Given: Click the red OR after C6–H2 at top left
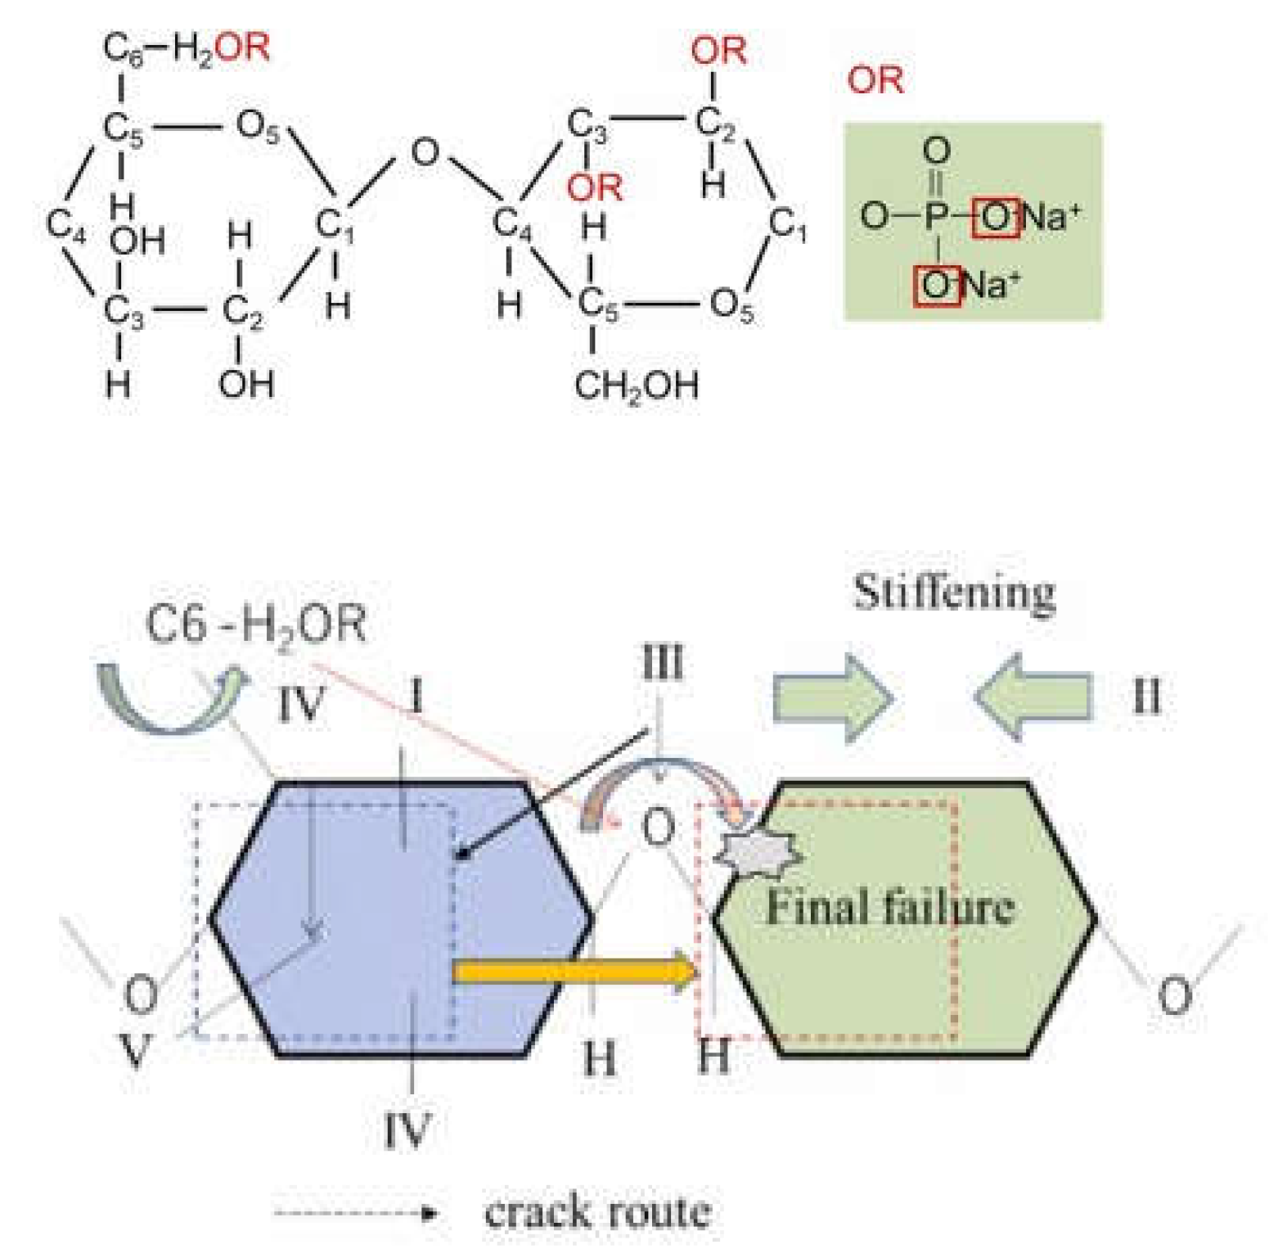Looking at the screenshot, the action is click(244, 47).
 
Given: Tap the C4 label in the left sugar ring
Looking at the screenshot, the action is click(65, 223).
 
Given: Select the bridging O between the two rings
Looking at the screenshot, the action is click(425, 152).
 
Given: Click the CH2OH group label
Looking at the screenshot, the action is click(637, 385).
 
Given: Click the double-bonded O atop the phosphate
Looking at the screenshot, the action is click(937, 151).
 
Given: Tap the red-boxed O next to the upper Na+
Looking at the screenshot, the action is click(995, 218).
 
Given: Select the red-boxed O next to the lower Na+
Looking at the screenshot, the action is click(937, 285).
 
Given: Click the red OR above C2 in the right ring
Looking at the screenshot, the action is click(718, 51).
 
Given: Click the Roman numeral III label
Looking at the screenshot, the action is click(662, 661).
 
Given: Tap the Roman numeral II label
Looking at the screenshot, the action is click(1145, 697).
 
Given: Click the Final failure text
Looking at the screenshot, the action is click(889, 908).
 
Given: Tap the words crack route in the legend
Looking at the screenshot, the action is click(597, 1212).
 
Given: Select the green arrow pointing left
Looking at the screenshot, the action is click(1033, 697).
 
